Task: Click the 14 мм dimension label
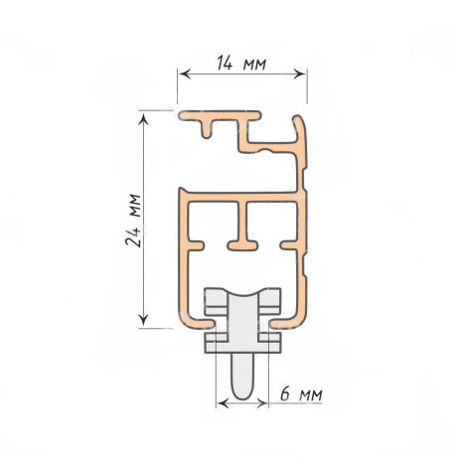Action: (x=241, y=63)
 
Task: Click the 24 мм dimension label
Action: (x=133, y=220)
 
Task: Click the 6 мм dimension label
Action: (x=301, y=393)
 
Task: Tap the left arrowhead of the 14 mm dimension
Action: (x=185, y=74)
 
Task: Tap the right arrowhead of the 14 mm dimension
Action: (x=299, y=74)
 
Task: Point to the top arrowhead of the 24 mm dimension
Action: (x=143, y=118)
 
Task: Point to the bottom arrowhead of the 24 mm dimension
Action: (x=143, y=319)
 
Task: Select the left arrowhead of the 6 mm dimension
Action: (x=223, y=403)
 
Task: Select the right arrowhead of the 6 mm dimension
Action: (x=261, y=403)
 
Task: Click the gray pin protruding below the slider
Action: (x=242, y=376)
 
